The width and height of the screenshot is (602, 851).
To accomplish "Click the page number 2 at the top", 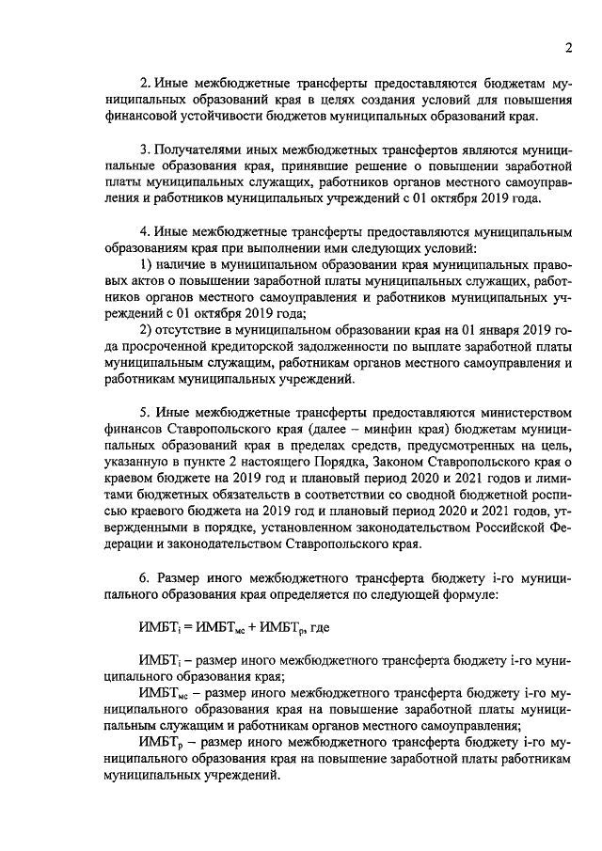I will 569,50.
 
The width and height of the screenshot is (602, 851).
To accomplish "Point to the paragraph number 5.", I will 144,415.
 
